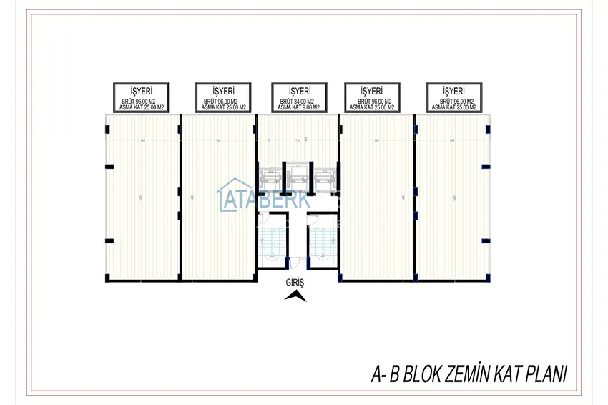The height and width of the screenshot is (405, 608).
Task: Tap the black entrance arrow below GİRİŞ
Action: click(295, 298)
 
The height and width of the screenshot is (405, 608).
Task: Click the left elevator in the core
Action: click(271, 177)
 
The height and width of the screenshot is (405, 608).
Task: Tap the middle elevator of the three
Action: click(297, 177)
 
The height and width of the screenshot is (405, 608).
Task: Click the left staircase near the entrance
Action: click(272, 240)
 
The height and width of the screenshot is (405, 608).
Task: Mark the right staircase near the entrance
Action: click(323, 240)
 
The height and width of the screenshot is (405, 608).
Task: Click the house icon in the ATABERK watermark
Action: click(230, 195)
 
